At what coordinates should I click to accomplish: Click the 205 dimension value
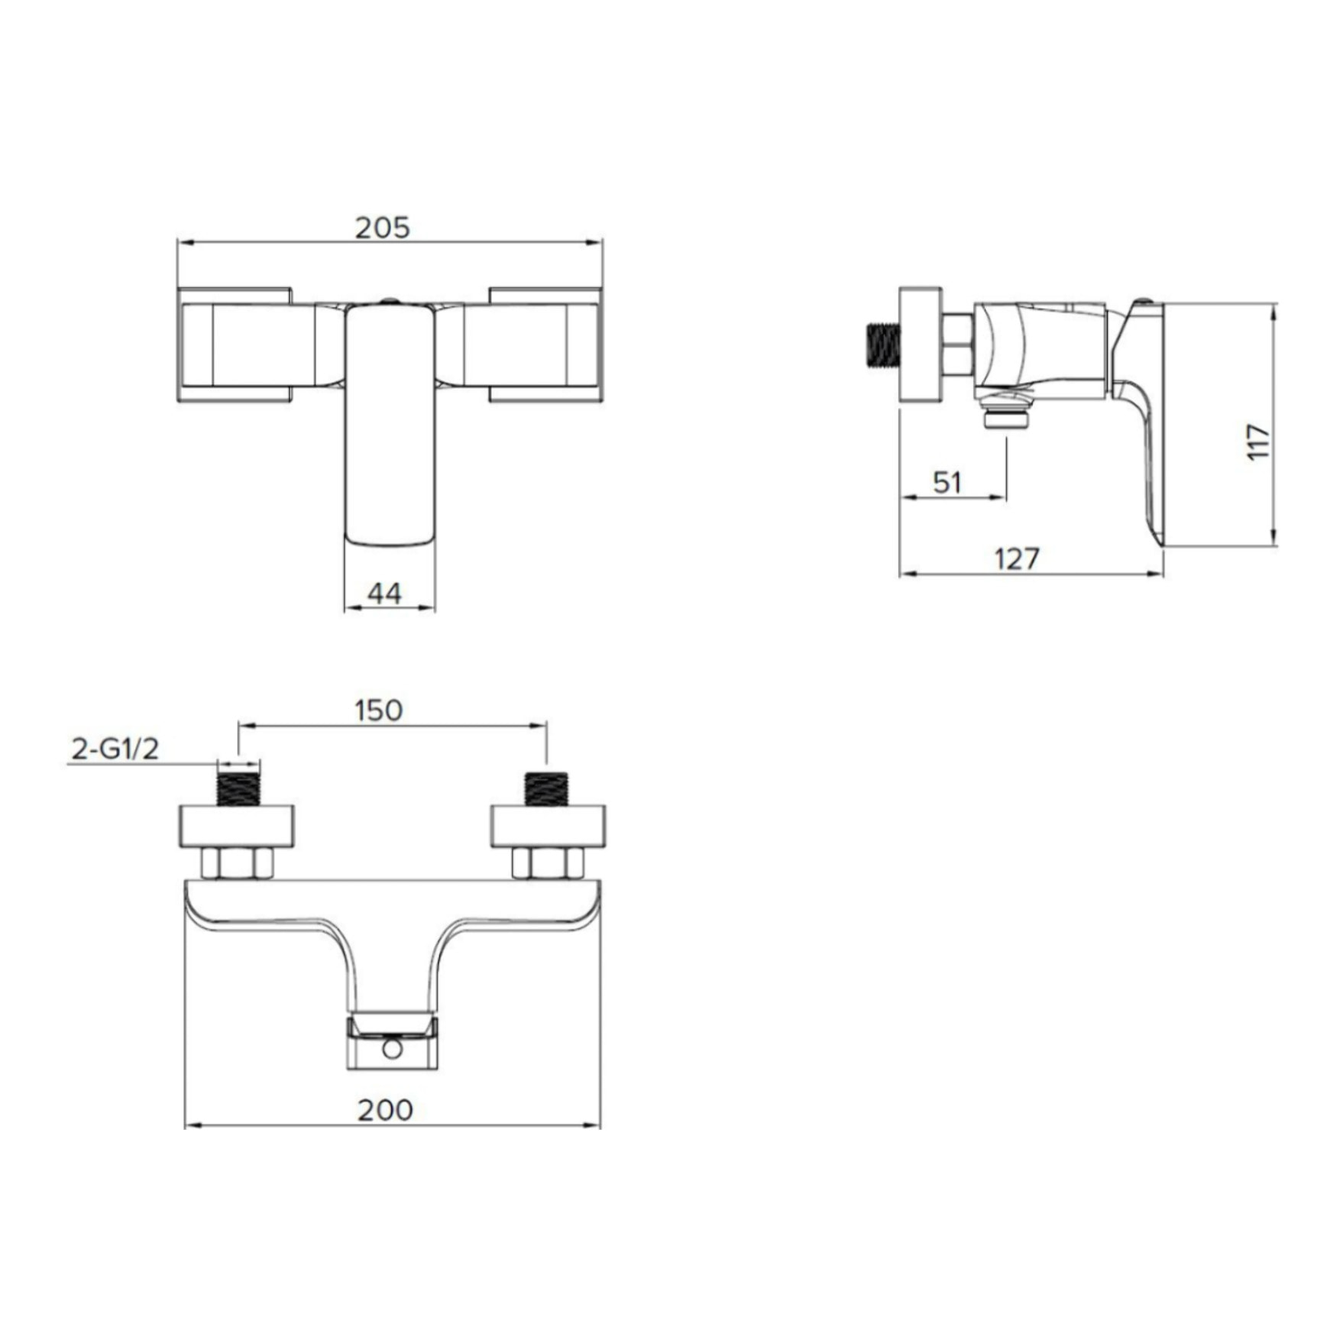pyautogui.click(x=383, y=228)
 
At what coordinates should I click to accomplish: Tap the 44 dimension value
pyautogui.click(x=384, y=594)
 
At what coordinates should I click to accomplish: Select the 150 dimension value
pyautogui.click(x=379, y=710)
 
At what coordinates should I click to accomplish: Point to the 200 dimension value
pyautogui.click(x=385, y=1110)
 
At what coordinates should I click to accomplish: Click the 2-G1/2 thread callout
pyautogui.click(x=115, y=749)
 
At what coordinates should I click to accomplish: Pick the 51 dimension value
pyautogui.click(x=947, y=482)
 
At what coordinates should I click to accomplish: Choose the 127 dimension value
pyautogui.click(x=1017, y=558)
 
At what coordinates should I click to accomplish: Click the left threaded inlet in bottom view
pyautogui.click(x=238, y=790)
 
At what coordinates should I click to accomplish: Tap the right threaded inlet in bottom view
pyautogui.click(x=547, y=790)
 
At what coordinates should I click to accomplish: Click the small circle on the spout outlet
pyautogui.click(x=392, y=1049)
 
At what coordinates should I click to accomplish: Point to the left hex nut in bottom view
pyautogui.click(x=238, y=863)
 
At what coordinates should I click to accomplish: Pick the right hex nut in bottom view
pyautogui.click(x=548, y=863)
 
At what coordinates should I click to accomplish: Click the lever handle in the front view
pyautogui.click(x=390, y=424)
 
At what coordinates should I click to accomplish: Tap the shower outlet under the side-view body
pyautogui.click(x=1007, y=419)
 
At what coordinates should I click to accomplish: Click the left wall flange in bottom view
pyautogui.click(x=237, y=827)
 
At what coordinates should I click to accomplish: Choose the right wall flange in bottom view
pyautogui.click(x=548, y=827)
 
